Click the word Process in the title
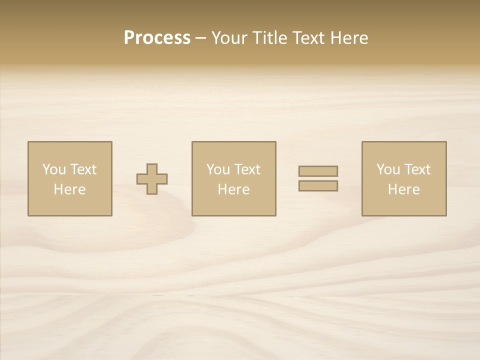coord(157,37)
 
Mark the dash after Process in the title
coord(201,38)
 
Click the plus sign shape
coord(152,179)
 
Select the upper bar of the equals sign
coord(318,171)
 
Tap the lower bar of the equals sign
coord(318,185)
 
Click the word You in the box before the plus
coord(53,169)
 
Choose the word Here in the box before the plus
coord(69,189)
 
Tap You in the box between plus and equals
coord(218,169)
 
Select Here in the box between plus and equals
coord(233,189)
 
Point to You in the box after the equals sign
coord(388,169)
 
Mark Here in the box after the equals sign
coord(403,189)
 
